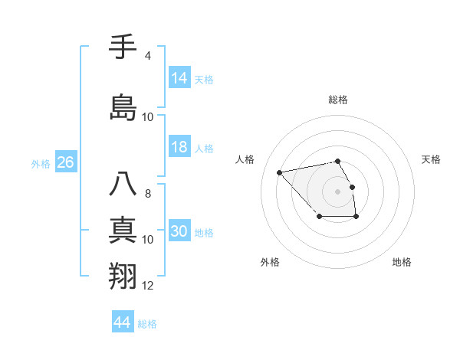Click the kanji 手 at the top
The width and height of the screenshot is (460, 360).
coord(123,47)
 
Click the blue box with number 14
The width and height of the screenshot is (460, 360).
coord(179,78)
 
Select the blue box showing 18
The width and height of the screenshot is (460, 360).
coord(179,148)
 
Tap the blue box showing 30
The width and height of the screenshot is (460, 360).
coord(179,232)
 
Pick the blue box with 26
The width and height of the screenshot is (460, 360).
coord(65,162)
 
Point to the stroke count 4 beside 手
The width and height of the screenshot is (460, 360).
coord(147,56)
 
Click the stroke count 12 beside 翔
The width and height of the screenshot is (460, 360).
coord(148,286)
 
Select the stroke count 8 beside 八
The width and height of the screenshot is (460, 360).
coord(147,194)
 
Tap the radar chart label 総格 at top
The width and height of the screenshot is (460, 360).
coord(338,100)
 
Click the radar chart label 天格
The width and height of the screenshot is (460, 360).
coord(432,159)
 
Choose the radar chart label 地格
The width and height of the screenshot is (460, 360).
coord(402,262)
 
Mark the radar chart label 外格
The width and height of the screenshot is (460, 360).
coord(270,262)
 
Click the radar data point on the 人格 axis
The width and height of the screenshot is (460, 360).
coord(279,172)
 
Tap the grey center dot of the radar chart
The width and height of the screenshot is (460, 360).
coord(338,191)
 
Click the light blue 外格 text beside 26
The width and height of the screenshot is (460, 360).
coord(41,163)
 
